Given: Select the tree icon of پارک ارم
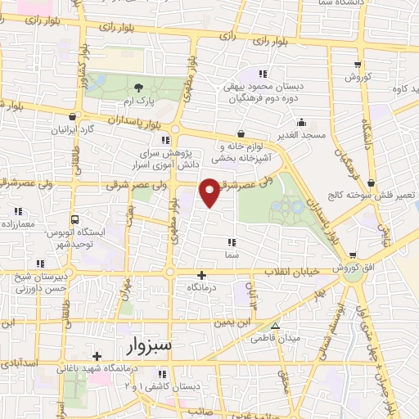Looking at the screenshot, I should coord(138,86).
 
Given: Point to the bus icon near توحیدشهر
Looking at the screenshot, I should coord(75,219).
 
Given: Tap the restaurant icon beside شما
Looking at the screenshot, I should coord(232,241).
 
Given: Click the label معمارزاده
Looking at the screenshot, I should coord(21,223).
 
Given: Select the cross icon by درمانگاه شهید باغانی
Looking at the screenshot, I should coord(97,356).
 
